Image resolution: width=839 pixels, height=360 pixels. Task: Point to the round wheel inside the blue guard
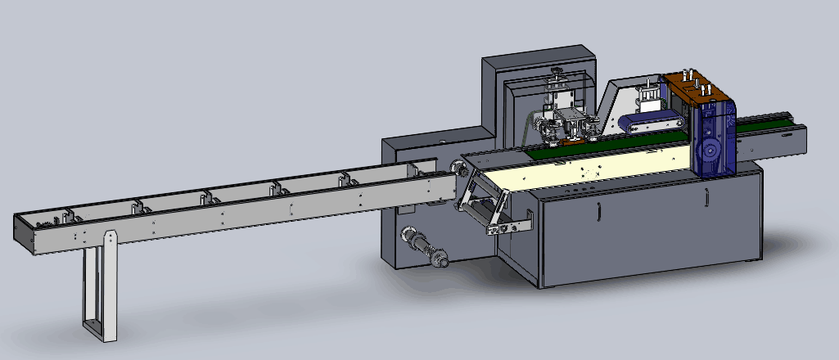710,151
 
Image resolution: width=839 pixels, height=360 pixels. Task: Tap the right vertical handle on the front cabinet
705,197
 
